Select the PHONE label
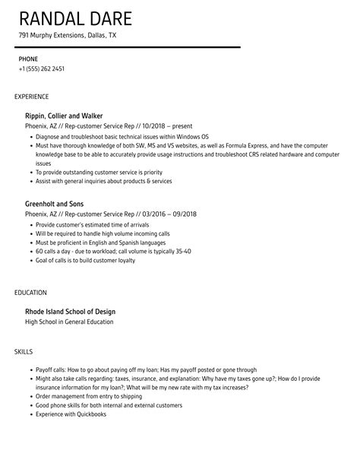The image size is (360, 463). click(x=28, y=59)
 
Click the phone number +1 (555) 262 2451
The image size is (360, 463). click(x=42, y=69)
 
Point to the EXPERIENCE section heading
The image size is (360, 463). click(x=32, y=97)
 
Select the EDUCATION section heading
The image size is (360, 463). click(x=30, y=292)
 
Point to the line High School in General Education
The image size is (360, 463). click(x=69, y=322)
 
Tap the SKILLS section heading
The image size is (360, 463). click(x=24, y=352)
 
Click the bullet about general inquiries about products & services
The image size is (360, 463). click(x=103, y=182)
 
